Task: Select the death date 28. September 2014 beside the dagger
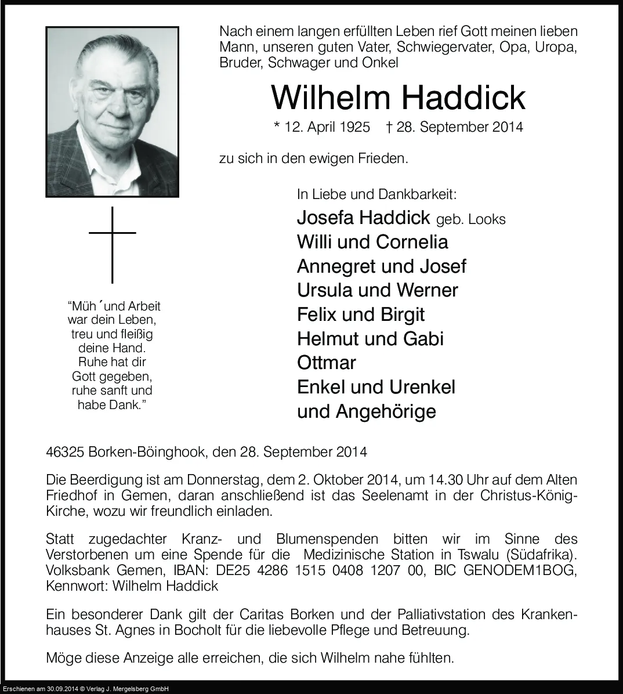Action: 459,127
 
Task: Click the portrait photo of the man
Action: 113,112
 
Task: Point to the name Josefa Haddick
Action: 363,218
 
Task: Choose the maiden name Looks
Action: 487,219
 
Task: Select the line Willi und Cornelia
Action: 372,242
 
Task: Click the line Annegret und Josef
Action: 381,266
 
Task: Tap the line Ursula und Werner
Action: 377,290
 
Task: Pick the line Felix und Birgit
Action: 360,315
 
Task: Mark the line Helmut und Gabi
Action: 370,338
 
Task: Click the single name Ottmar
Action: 327,363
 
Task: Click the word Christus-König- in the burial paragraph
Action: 529,496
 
